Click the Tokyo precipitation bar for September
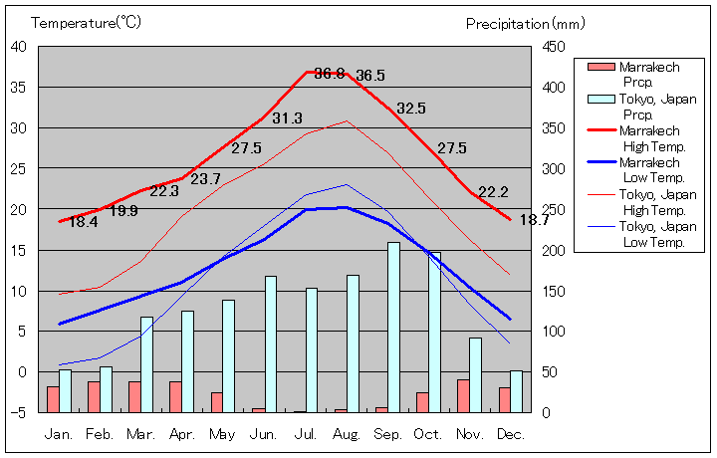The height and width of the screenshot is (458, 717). click(x=393, y=327)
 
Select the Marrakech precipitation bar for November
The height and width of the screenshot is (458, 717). click(x=463, y=395)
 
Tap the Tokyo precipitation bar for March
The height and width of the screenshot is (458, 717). click(x=147, y=363)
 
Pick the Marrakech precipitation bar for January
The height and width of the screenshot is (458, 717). click(x=53, y=399)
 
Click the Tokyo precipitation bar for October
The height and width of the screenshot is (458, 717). click(x=434, y=332)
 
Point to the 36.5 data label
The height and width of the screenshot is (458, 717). click(x=370, y=76)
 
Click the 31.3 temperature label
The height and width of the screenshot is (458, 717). click(x=287, y=118)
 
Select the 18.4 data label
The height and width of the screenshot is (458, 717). click(x=84, y=222)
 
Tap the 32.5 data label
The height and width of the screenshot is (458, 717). click(x=410, y=109)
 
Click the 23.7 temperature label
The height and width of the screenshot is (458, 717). click(x=205, y=179)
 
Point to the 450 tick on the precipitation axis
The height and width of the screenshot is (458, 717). click(x=555, y=47)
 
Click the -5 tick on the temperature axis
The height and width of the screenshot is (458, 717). click(x=21, y=412)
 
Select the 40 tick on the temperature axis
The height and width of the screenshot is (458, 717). click(x=20, y=46)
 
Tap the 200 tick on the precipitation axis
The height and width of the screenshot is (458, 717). click(x=555, y=250)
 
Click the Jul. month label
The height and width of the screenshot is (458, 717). click(x=306, y=434)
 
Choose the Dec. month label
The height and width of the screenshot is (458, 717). click(x=510, y=434)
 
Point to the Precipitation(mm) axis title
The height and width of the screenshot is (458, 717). click(x=526, y=23)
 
